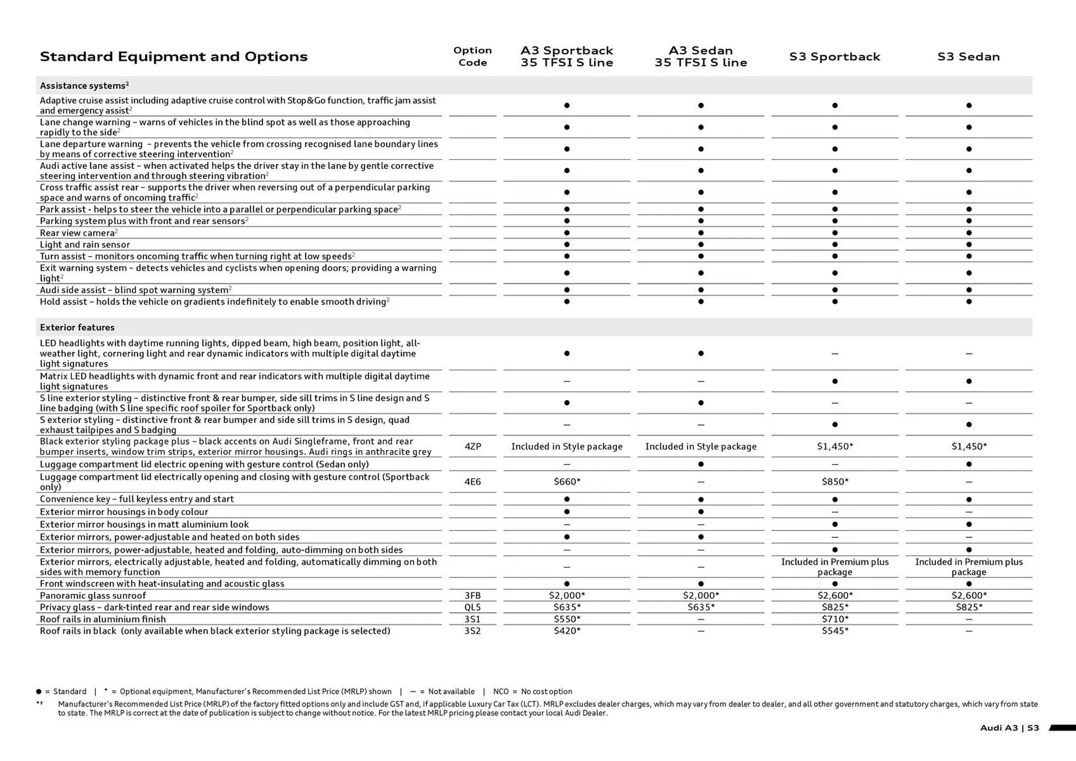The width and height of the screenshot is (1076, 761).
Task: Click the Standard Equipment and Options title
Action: [x=174, y=57]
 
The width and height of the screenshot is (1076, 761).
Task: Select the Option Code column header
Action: [x=472, y=56]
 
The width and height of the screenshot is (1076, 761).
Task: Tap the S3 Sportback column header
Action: [x=834, y=57]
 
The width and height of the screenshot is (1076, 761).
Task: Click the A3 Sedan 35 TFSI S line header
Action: [x=701, y=57]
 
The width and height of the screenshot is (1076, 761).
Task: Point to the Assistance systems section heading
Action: [x=84, y=86]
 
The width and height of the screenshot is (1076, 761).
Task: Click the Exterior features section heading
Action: [x=77, y=327]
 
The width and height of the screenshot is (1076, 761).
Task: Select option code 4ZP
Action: [x=472, y=447]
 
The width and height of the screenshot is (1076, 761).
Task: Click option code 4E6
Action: [x=472, y=481]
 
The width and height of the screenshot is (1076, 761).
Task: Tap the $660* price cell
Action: [x=567, y=481]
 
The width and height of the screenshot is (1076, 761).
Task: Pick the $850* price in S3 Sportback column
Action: [x=834, y=481]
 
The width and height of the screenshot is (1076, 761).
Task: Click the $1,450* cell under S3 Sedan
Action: [x=968, y=447]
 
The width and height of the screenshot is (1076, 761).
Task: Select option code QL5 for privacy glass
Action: [x=472, y=607]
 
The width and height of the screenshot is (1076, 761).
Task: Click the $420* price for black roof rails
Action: [x=567, y=631]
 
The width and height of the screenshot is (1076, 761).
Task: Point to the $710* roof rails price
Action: [x=834, y=619]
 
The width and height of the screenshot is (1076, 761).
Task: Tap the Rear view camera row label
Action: [x=77, y=233]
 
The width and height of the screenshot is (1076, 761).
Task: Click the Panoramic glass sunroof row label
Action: [x=92, y=596]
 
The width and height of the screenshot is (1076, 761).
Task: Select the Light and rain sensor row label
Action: [x=85, y=245]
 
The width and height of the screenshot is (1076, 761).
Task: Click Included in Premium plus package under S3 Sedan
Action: [x=968, y=567]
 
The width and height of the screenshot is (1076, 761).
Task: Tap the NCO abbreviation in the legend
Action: [x=500, y=692]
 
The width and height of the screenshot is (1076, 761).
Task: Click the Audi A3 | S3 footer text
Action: [x=1009, y=728]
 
